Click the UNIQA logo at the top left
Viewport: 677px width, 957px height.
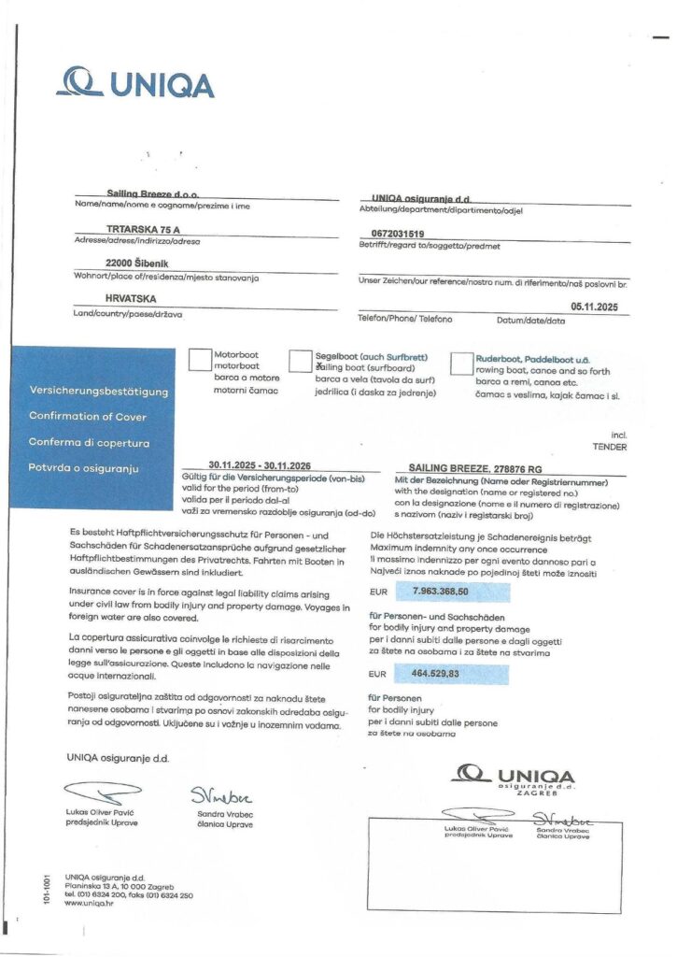pyautogui.click(x=134, y=83)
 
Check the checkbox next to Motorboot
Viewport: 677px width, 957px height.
pyautogui.click(x=200, y=361)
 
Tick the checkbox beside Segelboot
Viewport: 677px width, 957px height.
pyautogui.click(x=301, y=362)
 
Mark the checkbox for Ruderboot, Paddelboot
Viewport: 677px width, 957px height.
pyautogui.click(x=462, y=363)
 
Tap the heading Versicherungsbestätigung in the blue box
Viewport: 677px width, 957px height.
pyautogui.click(x=98, y=389)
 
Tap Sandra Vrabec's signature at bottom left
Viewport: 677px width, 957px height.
pyautogui.click(x=218, y=795)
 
